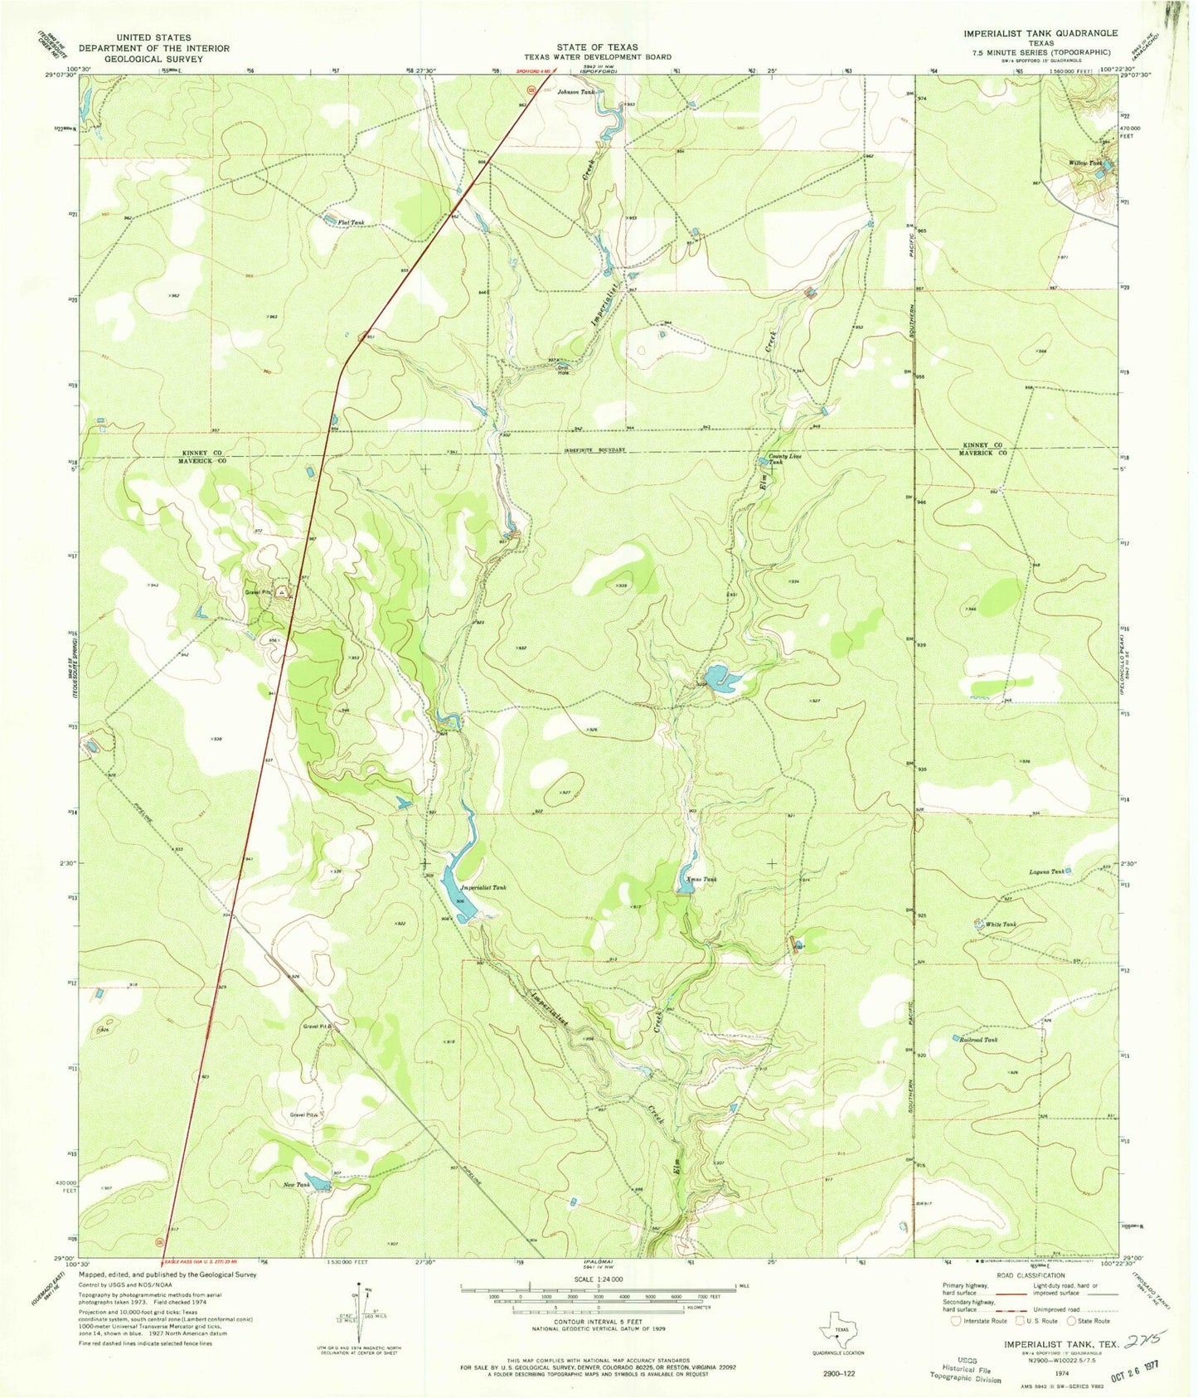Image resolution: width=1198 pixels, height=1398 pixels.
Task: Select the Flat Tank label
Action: tap(352, 222)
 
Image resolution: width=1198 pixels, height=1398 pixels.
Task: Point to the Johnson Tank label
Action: tap(576, 92)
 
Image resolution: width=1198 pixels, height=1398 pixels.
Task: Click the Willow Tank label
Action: tap(1085, 163)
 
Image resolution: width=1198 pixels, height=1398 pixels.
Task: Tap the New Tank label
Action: tap(297, 1185)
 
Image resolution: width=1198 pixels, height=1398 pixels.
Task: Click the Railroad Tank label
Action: tap(980, 1040)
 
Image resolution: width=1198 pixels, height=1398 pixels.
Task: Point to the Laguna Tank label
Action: tap(1046, 871)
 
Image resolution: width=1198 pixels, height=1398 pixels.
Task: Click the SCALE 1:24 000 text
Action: tap(597, 1279)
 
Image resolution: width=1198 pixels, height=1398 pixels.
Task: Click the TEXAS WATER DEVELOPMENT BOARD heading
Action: tap(597, 57)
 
